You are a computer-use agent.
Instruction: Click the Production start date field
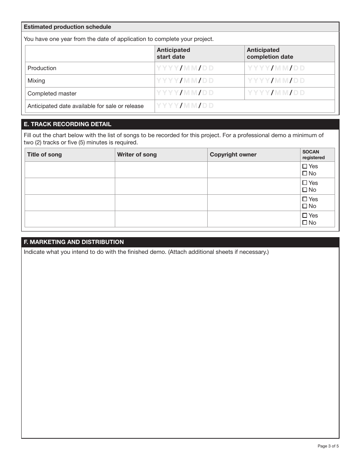tap(199, 68)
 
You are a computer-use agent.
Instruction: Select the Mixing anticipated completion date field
tap(290, 81)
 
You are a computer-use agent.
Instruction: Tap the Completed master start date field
tap(199, 93)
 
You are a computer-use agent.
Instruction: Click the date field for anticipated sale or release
tap(199, 106)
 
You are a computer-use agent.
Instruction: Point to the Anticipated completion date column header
tap(270, 53)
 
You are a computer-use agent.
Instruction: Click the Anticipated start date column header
tap(174, 53)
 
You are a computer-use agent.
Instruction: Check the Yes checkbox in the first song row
tap(305, 166)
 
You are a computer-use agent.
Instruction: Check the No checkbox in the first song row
tap(305, 174)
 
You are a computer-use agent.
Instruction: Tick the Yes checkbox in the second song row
tap(305, 183)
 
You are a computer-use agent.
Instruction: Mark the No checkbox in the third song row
tap(305, 206)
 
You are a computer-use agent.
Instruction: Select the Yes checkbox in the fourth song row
tap(305, 216)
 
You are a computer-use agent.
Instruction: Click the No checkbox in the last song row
tap(305, 223)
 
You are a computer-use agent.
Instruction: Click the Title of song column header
tap(44, 155)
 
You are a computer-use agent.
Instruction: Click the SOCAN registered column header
tap(313, 155)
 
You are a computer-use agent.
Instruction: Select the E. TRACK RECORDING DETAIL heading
tap(67, 124)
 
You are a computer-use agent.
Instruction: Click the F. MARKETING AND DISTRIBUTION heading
tap(74, 242)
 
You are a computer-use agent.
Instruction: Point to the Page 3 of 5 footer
tap(328, 446)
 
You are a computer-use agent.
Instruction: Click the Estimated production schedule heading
tap(67, 27)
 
